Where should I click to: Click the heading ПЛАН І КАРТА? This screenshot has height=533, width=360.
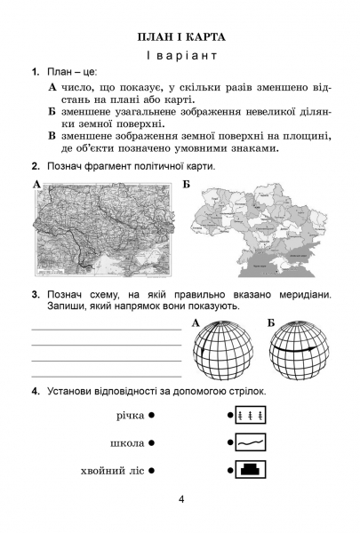click(181, 37)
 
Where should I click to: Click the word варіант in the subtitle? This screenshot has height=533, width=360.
click(188, 55)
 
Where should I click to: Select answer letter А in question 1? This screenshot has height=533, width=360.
click(52, 87)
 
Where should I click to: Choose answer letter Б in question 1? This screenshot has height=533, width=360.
click(52, 112)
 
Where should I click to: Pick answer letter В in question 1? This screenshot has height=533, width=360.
click(52, 136)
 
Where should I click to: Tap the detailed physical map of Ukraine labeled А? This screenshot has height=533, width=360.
click(104, 230)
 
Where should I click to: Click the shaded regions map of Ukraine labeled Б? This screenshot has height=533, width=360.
click(259, 230)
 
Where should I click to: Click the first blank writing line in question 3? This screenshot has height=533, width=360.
click(107, 330)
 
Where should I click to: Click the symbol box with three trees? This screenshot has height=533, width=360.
click(251, 415)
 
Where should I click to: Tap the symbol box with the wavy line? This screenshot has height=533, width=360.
click(251, 442)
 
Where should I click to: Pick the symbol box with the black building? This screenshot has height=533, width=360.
click(251, 470)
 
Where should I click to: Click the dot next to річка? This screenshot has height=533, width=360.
click(152, 415)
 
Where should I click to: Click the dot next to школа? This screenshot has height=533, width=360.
click(152, 443)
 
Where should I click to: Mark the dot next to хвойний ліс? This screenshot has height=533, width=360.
click(152, 471)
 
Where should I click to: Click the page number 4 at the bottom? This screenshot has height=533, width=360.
click(181, 499)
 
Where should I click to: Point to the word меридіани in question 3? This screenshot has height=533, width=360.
click(305, 294)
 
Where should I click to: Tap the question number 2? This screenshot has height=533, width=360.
click(36, 167)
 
